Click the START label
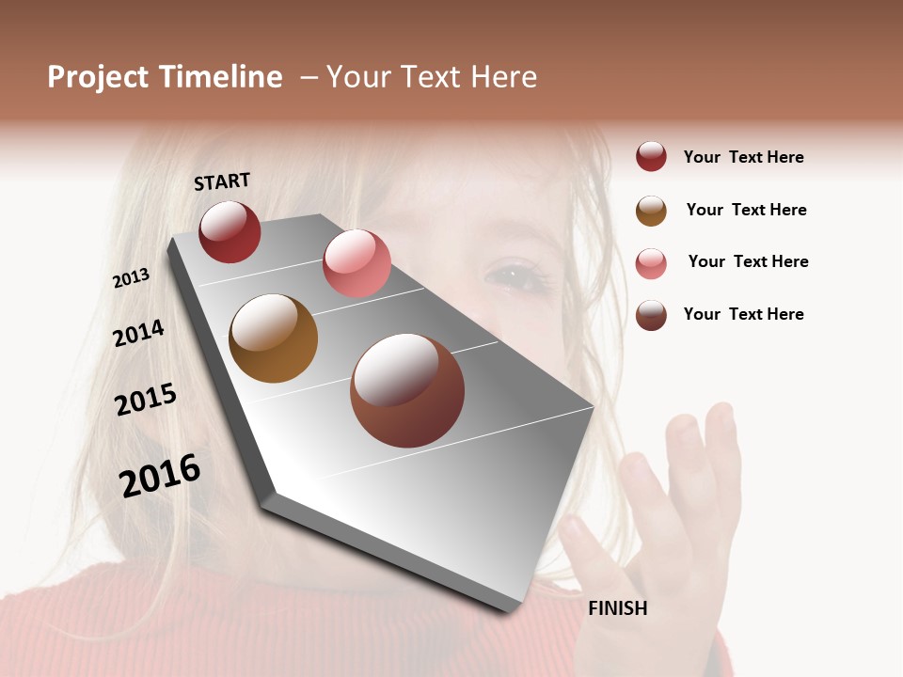[222, 181]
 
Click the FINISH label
[617, 608]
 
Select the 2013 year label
[131, 278]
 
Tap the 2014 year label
[138, 333]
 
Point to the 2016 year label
[160, 476]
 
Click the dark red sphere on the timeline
[230, 231]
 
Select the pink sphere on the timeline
[356, 263]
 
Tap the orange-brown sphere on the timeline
[273, 338]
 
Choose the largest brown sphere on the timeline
[407, 390]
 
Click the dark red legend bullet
[651, 157]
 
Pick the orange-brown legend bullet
[651, 211]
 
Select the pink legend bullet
[651, 263]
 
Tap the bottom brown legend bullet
[651, 315]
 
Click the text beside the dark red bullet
[743, 157]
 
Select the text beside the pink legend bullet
[748, 261]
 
